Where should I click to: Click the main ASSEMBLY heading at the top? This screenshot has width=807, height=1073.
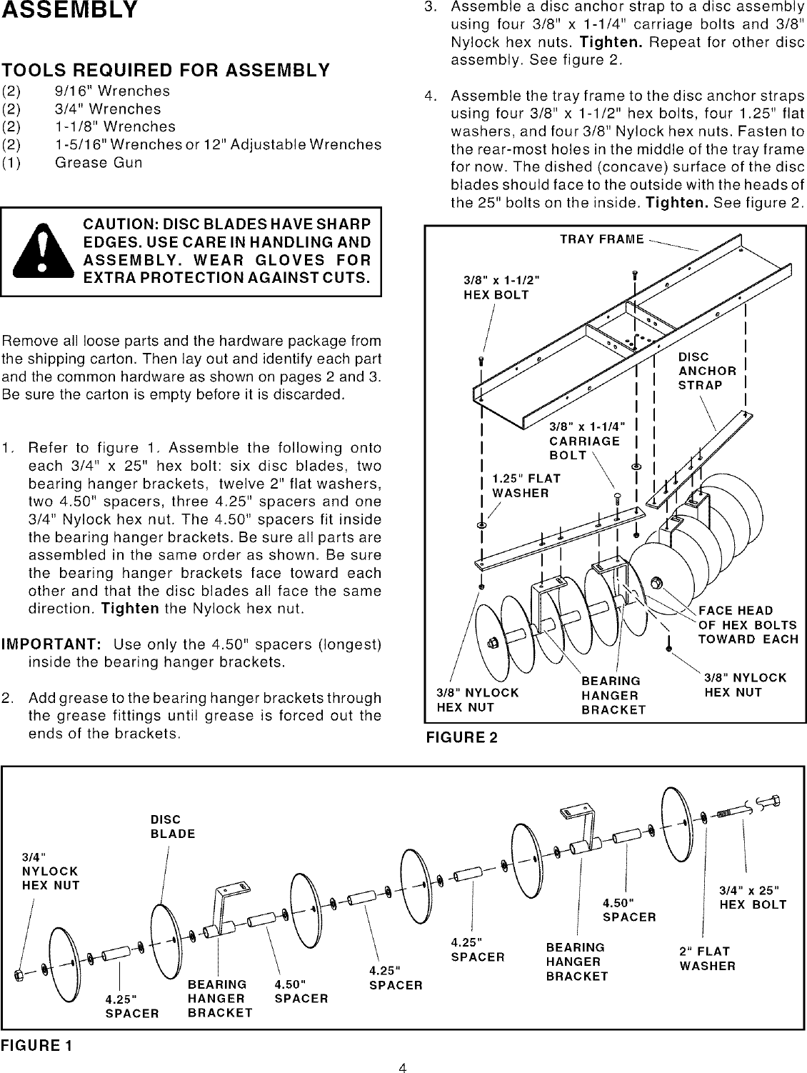tap(69, 11)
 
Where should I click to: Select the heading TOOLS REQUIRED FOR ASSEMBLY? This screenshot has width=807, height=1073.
tap(166, 70)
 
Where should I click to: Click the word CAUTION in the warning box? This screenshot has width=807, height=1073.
tap(123, 225)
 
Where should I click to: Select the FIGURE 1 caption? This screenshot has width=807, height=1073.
tap(36, 1046)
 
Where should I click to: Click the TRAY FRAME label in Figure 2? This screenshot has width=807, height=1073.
tap(601, 239)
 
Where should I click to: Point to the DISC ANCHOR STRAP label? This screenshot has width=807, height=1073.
tap(707, 371)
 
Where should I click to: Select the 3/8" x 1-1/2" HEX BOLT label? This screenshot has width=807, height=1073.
tap(501, 287)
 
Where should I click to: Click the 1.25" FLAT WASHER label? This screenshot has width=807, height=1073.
tap(526, 486)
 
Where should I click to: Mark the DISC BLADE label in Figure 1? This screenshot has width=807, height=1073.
tap(172, 827)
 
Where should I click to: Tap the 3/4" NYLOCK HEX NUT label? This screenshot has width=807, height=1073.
tap(50, 872)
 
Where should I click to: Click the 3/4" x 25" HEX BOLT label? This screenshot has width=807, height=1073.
tap(753, 897)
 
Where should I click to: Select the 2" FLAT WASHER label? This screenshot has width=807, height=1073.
tap(707, 959)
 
